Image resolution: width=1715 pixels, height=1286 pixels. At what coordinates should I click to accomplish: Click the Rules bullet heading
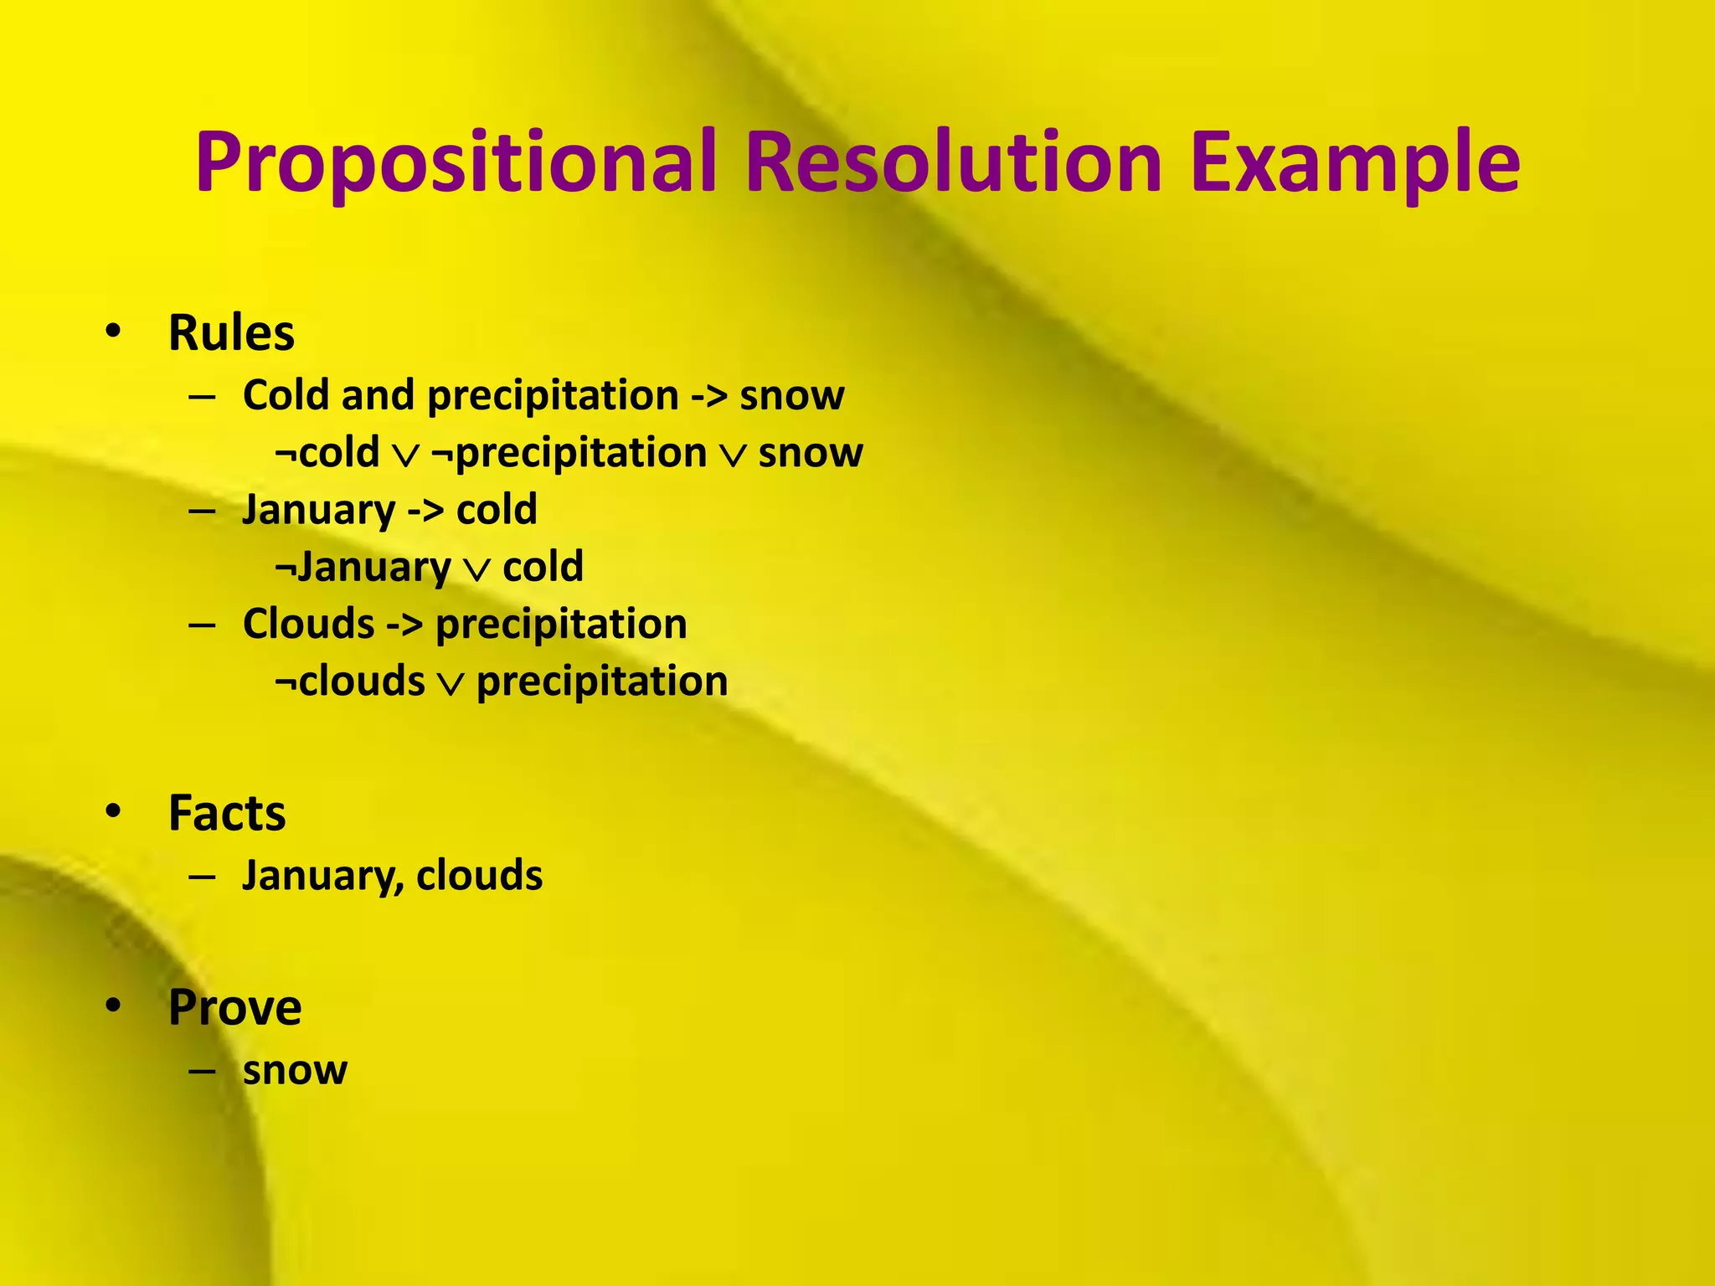click(231, 333)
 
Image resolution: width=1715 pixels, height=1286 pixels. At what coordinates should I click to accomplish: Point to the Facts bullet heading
click(227, 813)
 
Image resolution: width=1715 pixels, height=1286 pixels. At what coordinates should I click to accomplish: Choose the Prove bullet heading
click(234, 1007)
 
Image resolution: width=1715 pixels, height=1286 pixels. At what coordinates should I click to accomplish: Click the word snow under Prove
click(295, 1070)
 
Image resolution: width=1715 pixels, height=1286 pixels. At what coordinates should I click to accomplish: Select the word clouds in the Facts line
click(479, 876)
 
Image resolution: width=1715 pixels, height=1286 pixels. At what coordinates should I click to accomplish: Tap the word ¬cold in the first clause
click(327, 453)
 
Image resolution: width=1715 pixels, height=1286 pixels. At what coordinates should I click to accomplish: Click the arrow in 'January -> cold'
click(425, 511)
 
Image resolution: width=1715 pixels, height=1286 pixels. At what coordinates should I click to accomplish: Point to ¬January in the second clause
click(363, 568)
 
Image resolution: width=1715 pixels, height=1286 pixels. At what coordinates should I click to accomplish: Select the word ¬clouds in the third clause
click(350, 682)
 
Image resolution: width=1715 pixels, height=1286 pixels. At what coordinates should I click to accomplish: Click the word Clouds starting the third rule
click(308, 625)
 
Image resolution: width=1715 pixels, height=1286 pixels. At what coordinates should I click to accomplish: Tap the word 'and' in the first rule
click(378, 396)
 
